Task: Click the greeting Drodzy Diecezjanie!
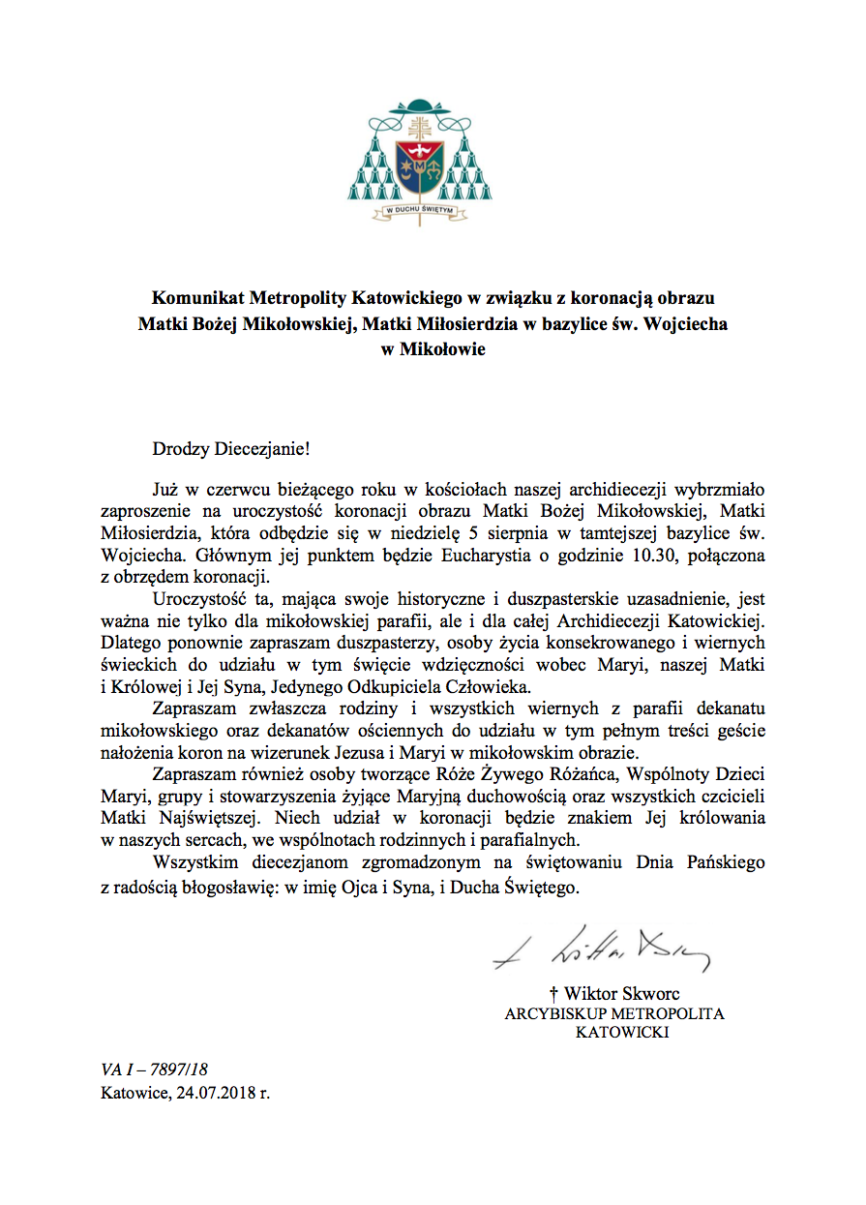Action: pos(233,448)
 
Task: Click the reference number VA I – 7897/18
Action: pos(154,1069)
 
